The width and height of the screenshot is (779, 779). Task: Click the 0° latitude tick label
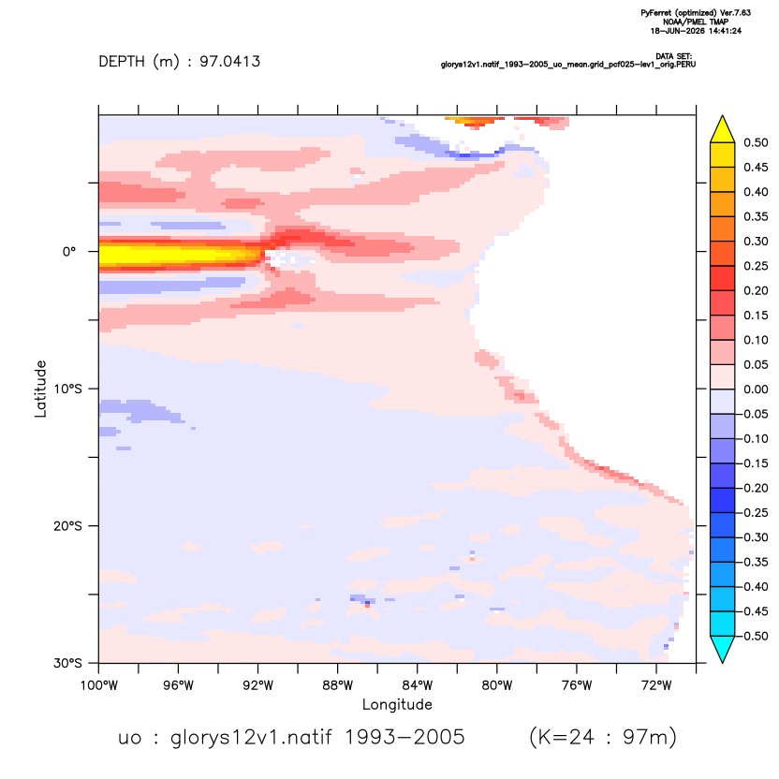click(69, 251)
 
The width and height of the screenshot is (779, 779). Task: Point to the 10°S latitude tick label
click(67, 389)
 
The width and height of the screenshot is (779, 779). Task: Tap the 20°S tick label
click(67, 525)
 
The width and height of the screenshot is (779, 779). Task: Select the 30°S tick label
click(67, 663)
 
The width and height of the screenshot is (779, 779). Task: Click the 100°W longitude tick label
click(99, 685)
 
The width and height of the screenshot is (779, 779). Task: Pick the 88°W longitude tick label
click(338, 685)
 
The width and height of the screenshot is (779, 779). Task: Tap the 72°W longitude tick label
click(656, 685)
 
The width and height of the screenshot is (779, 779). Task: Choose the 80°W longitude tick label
click(497, 685)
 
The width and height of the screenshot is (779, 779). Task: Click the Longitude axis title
click(397, 704)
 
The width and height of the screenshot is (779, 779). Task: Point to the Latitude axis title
click(40, 389)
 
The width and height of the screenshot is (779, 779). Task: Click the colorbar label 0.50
click(756, 142)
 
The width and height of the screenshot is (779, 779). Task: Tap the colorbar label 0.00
click(756, 389)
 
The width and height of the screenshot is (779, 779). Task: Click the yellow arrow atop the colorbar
click(723, 129)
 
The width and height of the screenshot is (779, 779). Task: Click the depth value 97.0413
click(230, 62)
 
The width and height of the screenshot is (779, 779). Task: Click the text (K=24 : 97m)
click(603, 737)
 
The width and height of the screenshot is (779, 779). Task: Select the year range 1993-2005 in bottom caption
click(404, 737)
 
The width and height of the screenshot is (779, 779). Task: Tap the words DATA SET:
click(674, 56)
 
